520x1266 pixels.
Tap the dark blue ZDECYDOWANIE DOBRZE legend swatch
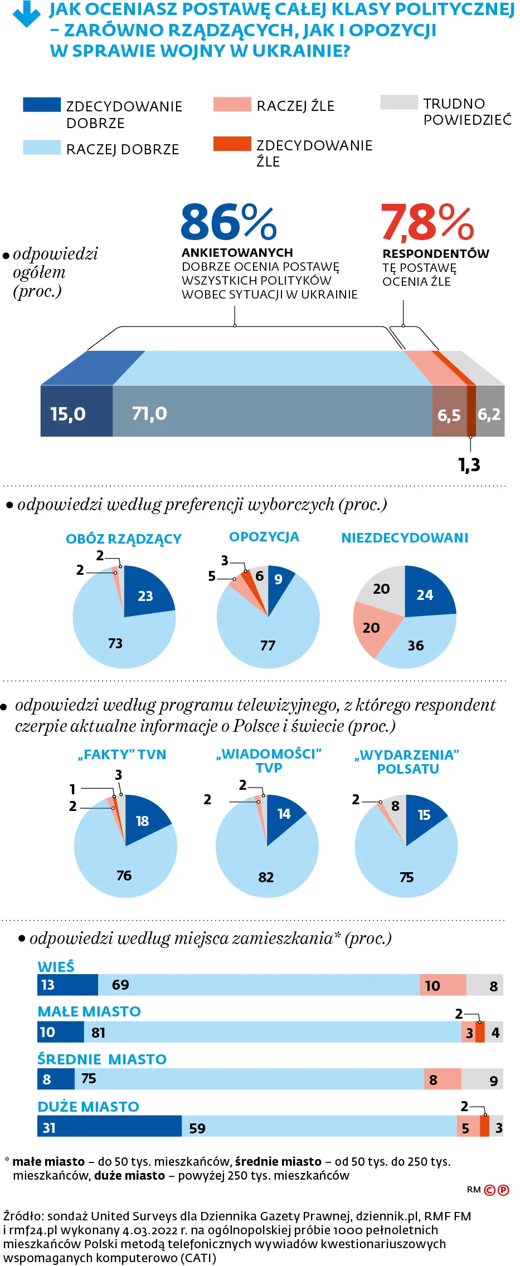(x=42, y=105)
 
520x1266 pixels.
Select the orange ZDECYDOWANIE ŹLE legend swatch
(x=232, y=144)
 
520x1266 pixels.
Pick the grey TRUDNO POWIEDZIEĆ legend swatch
(x=398, y=102)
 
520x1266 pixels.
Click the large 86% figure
(x=229, y=222)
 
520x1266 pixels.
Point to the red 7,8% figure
(x=427, y=222)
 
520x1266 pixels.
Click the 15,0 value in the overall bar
(x=68, y=414)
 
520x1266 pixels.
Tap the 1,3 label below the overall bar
(x=469, y=465)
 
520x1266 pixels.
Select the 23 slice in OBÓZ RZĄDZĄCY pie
(x=145, y=595)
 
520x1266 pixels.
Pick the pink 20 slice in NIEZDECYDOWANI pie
(x=371, y=628)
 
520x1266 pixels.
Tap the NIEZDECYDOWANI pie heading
(x=405, y=537)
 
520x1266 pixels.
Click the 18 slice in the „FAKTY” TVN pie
(x=143, y=820)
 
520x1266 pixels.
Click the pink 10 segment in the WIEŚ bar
(x=442, y=985)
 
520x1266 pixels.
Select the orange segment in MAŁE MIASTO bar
(x=480, y=1032)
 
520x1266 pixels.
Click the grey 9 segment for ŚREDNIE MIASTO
(x=483, y=1079)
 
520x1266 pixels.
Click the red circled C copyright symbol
(x=489, y=1190)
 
